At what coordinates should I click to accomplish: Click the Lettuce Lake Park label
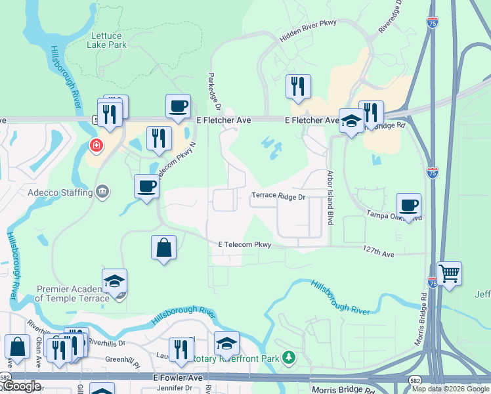coord(106,39)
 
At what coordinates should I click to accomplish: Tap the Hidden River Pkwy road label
coord(308,31)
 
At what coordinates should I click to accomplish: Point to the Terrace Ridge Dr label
coord(279,196)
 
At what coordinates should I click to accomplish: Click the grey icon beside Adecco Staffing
coord(102,192)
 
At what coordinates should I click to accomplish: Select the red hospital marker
coord(96,144)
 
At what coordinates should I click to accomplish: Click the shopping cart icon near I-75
coord(449,273)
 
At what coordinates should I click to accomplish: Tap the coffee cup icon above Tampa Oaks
coord(408,205)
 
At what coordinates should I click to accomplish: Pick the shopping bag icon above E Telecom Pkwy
coord(163,248)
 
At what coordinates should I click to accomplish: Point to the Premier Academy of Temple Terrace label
coord(72,294)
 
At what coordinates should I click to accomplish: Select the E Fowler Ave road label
coord(179,378)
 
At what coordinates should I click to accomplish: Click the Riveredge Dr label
coord(395,18)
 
